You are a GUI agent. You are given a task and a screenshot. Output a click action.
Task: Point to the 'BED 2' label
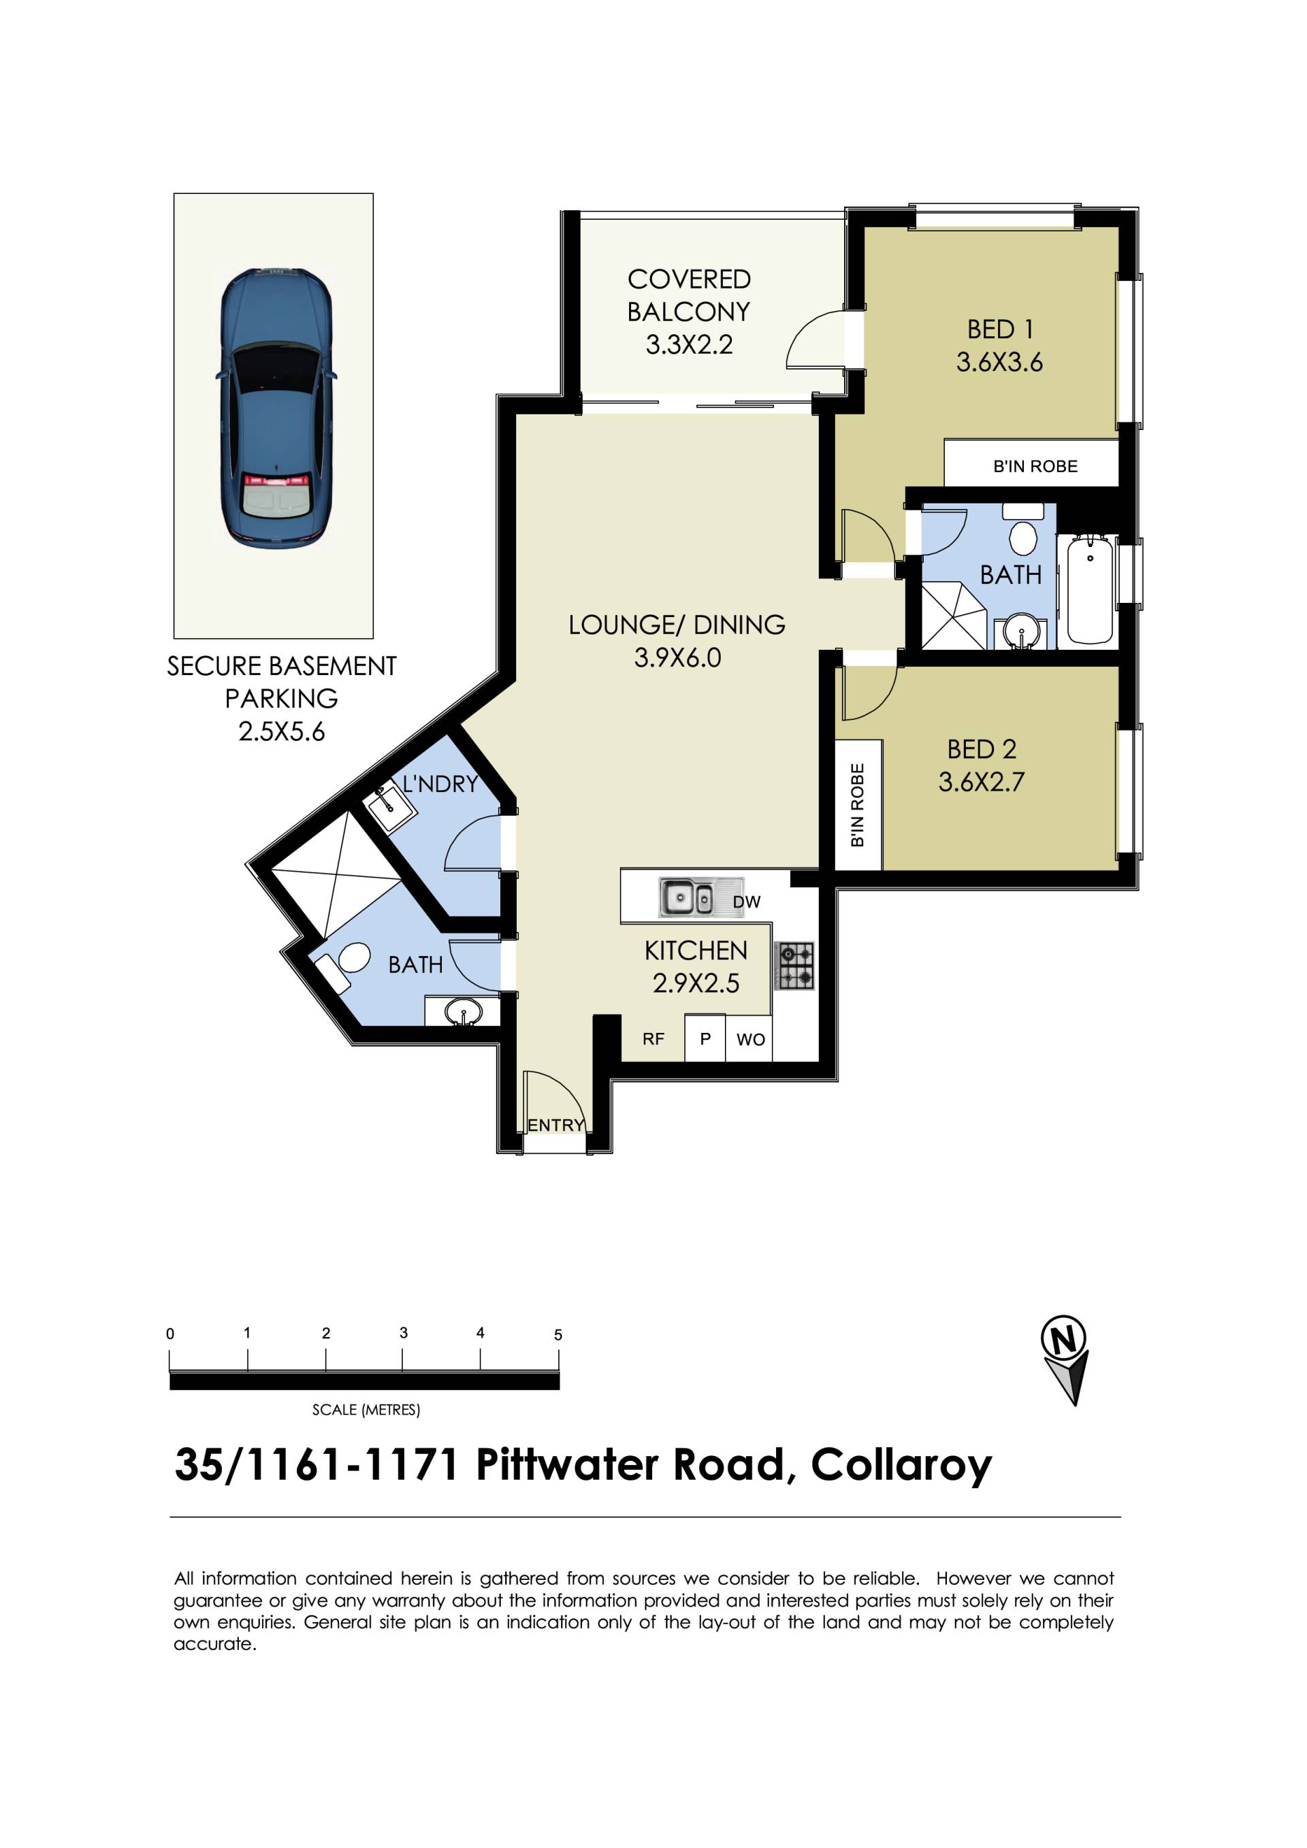tap(982, 749)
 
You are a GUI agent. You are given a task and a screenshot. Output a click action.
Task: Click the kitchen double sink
tap(686, 897)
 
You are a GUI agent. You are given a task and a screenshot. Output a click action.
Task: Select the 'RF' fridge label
tap(653, 1040)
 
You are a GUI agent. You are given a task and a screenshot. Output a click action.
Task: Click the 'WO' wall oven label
tap(751, 1040)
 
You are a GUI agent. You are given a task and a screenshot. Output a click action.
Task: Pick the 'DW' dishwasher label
tap(747, 902)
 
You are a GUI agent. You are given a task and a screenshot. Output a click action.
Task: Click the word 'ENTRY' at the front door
tap(555, 1125)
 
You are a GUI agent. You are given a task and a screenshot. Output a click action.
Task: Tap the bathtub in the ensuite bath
tap(1091, 590)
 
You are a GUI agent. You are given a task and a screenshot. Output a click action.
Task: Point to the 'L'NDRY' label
tap(440, 784)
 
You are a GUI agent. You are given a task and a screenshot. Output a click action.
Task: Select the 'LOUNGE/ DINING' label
tap(677, 625)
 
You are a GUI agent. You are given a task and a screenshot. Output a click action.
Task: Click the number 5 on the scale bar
tap(558, 1334)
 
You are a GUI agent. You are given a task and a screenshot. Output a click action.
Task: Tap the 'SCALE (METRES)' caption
tap(366, 1409)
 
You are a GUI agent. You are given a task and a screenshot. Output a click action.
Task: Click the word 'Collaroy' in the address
tap(901, 1466)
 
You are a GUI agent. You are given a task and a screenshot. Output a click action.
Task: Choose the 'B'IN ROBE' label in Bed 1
tap(1035, 466)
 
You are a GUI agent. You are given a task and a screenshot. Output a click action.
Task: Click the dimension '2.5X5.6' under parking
tap(281, 731)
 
